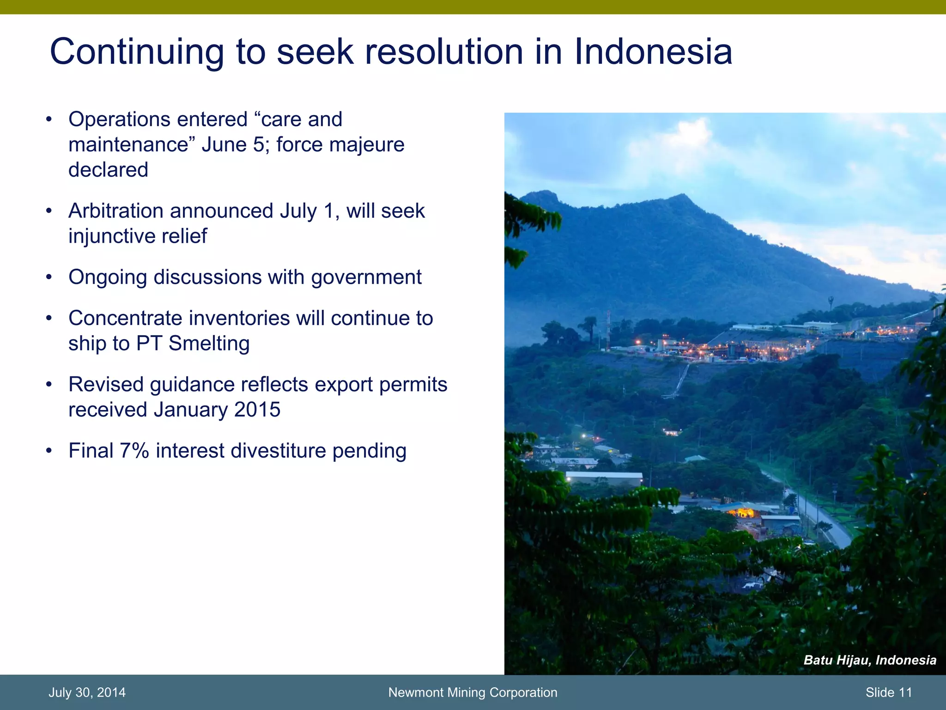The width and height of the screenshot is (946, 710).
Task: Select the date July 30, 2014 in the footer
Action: click(87, 692)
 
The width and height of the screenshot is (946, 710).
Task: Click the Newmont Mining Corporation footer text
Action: click(473, 692)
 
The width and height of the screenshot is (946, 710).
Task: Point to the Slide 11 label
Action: click(889, 692)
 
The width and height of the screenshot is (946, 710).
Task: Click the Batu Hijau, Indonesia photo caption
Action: click(870, 660)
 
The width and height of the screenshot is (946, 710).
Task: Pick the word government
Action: click(366, 278)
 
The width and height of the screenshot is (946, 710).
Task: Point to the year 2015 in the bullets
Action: click(257, 410)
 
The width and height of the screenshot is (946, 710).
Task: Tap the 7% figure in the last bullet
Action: click(134, 451)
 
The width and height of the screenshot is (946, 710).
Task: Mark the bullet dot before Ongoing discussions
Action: click(49, 278)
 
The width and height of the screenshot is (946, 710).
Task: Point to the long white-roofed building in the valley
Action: click(604, 477)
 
